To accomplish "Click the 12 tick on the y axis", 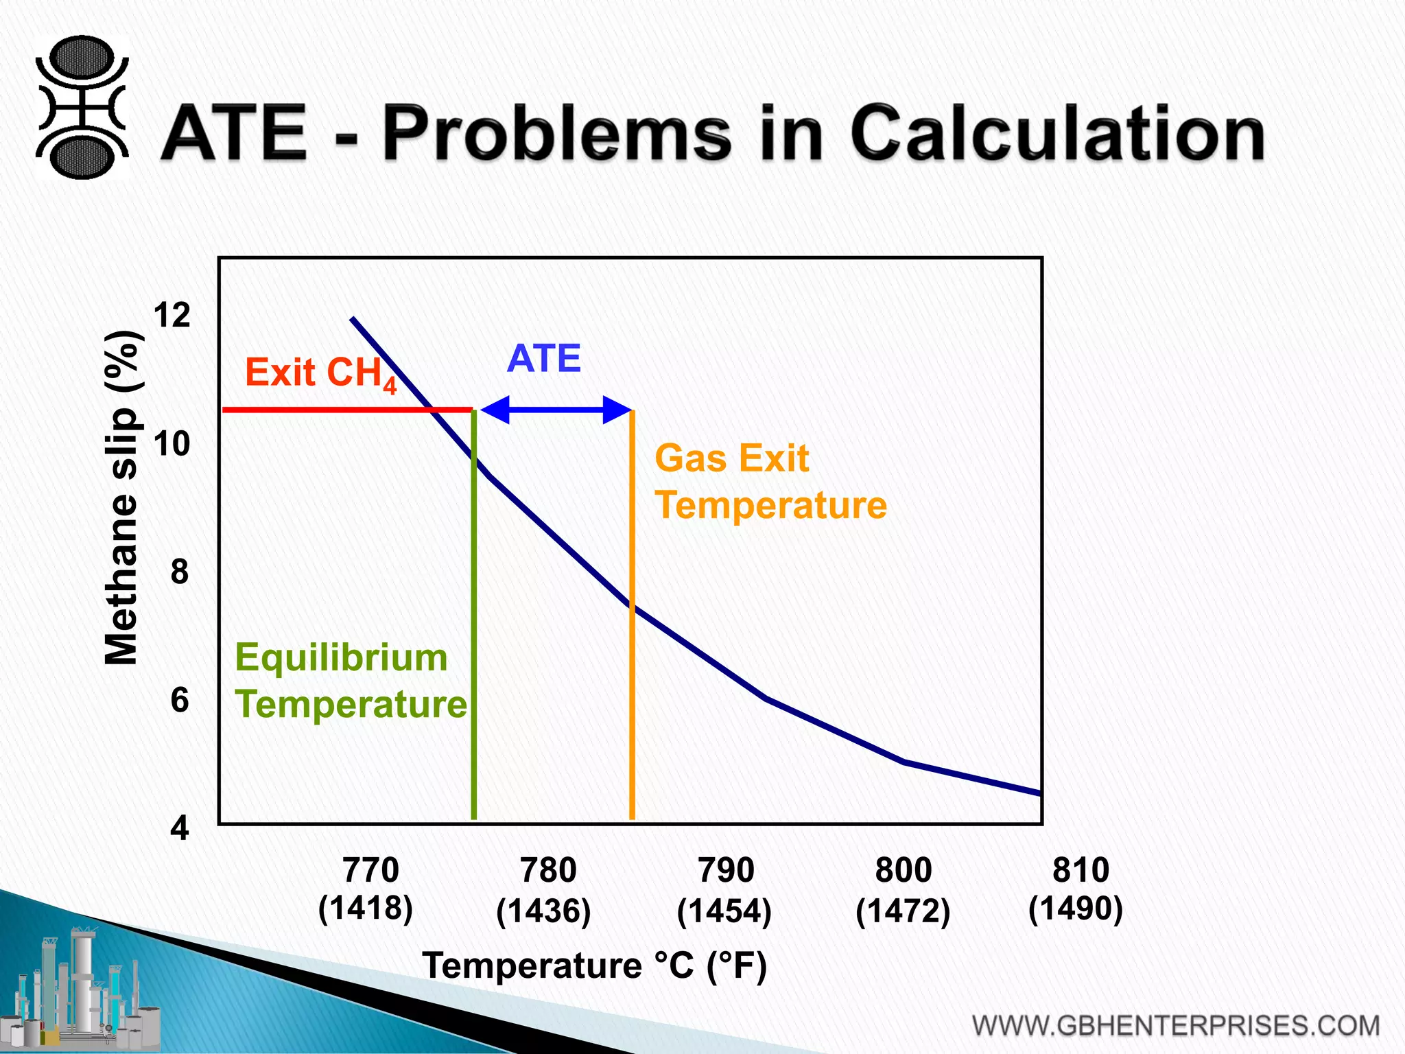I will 172,316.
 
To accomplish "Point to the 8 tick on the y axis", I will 179,572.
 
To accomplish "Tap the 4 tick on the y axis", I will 179,828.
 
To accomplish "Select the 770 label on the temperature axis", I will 370,871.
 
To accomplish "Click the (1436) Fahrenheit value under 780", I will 543,911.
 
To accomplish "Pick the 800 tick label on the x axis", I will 904,871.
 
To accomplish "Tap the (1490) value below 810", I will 1075,909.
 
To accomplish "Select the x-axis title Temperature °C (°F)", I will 594,966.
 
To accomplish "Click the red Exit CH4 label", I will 320,373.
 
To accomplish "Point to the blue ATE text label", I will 544,359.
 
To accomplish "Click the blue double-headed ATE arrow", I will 556,410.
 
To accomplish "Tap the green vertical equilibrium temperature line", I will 474,618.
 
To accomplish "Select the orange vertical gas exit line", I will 632,686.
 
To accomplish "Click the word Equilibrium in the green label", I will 341,657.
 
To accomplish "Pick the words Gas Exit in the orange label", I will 731,458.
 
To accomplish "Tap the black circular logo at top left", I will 82,108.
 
